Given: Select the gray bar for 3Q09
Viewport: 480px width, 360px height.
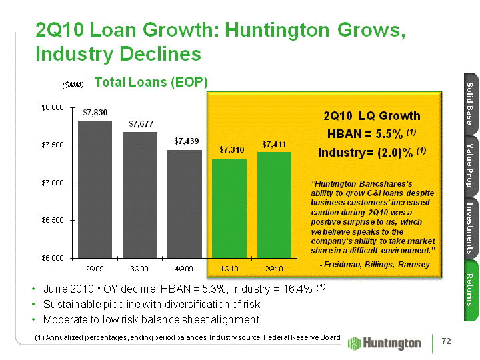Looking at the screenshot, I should coord(140,194).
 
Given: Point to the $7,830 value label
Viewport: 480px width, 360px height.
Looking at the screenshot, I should coord(95,112).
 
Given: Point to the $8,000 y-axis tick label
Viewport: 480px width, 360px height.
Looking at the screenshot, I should coord(53,107).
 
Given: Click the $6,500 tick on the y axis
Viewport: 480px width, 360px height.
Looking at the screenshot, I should coord(53,219).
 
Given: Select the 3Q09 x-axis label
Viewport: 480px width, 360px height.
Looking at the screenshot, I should coord(139,268).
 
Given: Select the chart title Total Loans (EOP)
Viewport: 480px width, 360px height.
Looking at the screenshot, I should coord(151,82).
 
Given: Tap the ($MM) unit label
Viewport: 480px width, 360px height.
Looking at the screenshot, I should coord(73,85).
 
